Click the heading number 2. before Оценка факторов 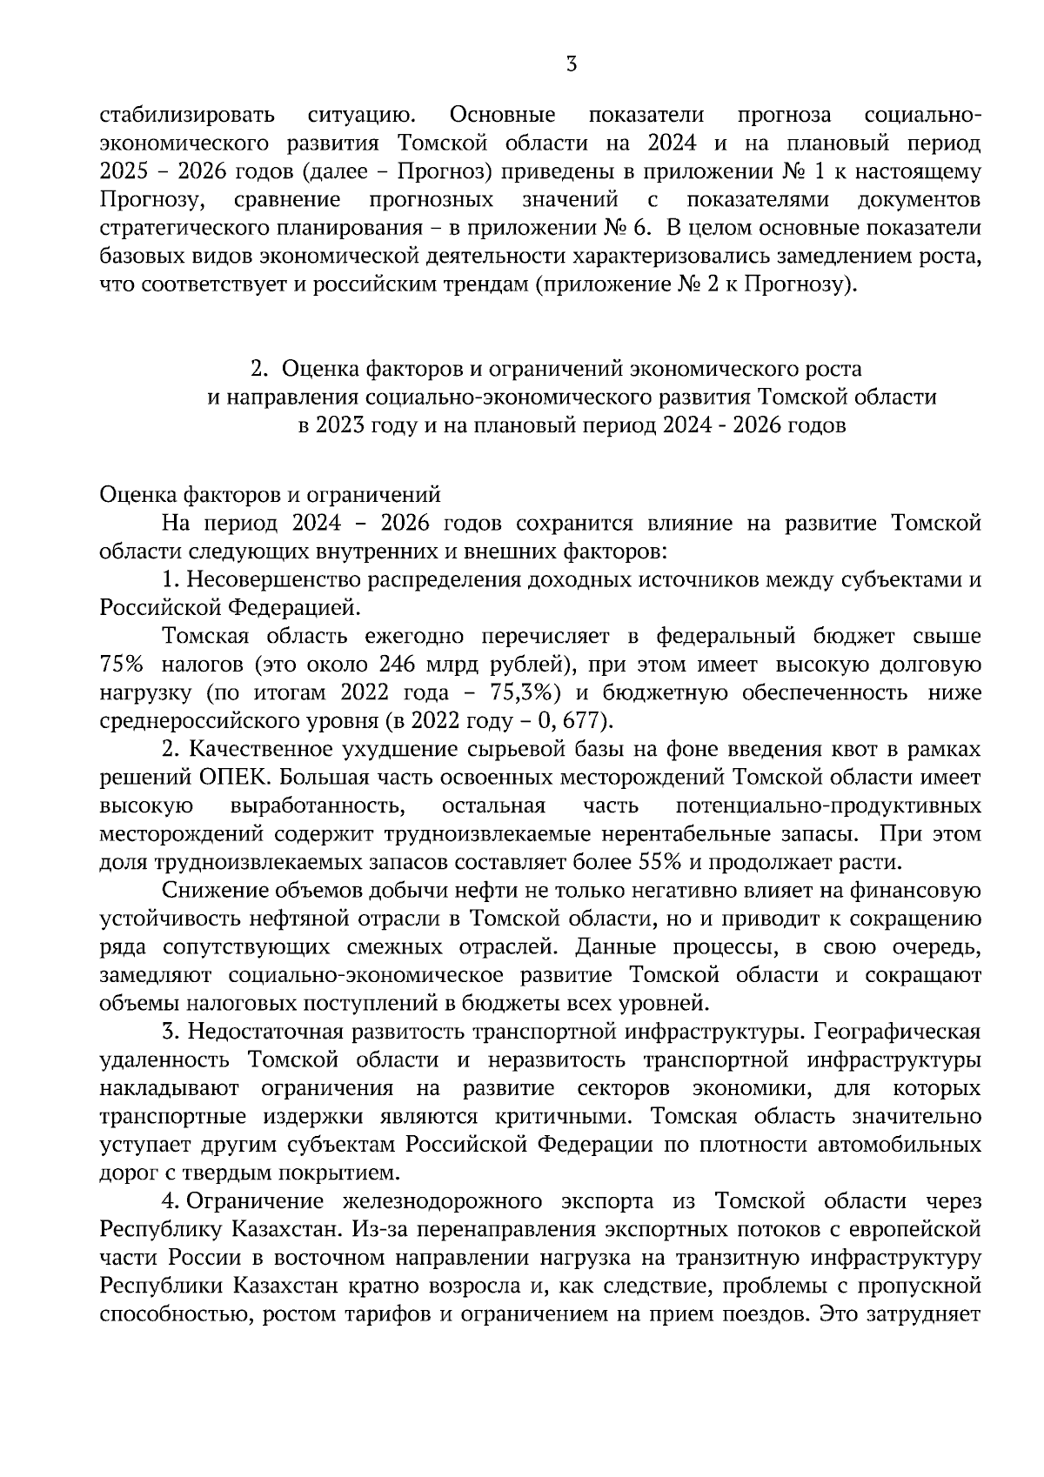tap(258, 369)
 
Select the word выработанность tap(318, 805)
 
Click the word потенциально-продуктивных tap(828, 805)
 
